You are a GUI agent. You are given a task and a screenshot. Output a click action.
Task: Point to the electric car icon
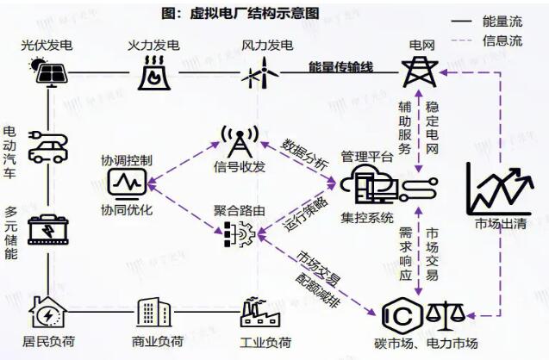44,149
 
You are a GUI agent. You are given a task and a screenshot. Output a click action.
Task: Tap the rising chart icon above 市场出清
499,188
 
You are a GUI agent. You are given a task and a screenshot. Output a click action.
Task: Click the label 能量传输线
341,66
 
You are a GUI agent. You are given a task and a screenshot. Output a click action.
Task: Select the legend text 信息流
504,40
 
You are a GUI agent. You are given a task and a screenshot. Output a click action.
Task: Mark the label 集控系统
367,217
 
